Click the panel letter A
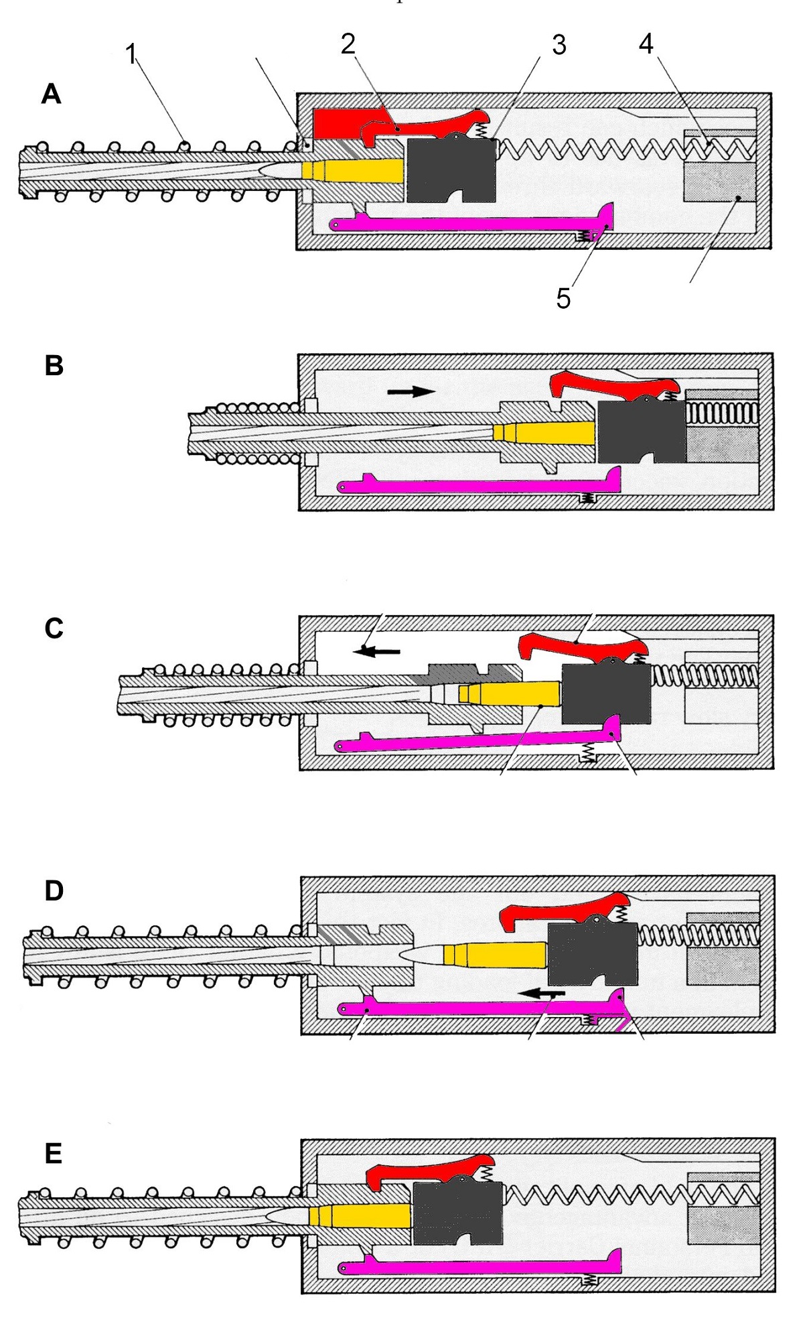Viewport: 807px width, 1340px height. pyautogui.click(x=51, y=94)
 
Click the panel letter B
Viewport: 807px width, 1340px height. pyautogui.click(x=54, y=366)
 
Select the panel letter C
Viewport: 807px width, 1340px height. pyautogui.click(x=54, y=628)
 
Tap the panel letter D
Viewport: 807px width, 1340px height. pyautogui.click(x=54, y=891)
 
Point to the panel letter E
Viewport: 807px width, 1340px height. pyautogui.click(x=53, y=1154)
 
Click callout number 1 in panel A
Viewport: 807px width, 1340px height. pyautogui.click(x=131, y=54)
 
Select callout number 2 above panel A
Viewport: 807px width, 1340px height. pyautogui.click(x=348, y=44)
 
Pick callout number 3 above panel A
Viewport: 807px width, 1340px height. pyautogui.click(x=559, y=46)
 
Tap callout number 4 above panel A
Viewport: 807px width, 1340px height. pyautogui.click(x=646, y=44)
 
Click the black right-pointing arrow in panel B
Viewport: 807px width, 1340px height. pyautogui.click(x=411, y=391)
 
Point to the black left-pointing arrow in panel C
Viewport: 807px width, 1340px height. pyautogui.click(x=378, y=651)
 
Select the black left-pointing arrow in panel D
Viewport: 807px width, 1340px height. pyautogui.click(x=544, y=992)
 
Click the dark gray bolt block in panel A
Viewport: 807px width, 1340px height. pyautogui.click(x=450, y=169)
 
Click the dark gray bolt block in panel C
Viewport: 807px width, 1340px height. pyautogui.click(x=605, y=694)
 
